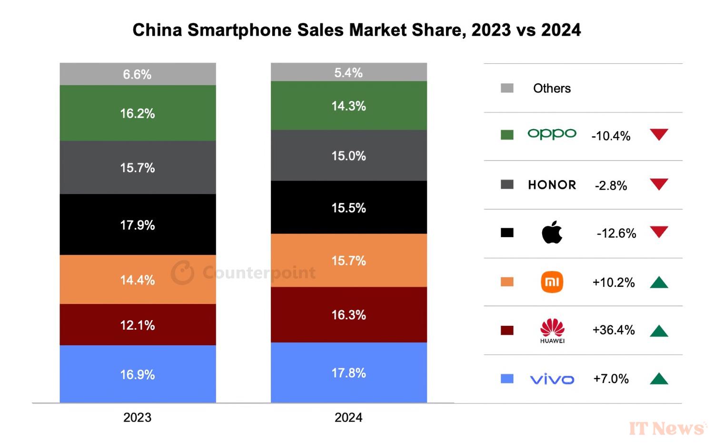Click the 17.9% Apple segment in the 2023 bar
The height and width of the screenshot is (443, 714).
(138, 224)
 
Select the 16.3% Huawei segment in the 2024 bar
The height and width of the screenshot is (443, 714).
(348, 314)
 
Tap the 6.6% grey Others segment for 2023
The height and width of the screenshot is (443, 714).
(138, 74)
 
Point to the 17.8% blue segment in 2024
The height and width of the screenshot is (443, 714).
(348, 373)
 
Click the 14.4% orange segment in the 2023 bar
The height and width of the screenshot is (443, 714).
(138, 280)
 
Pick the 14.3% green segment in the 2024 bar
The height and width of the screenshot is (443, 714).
(348, 106)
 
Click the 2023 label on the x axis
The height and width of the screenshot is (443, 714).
(137, 417)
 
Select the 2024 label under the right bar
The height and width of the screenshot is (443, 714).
(348, 417)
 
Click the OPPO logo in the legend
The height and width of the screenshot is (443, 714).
(552, 134)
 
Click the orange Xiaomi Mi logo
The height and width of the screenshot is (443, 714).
(552, 282)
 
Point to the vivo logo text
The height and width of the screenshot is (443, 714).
(552, 379)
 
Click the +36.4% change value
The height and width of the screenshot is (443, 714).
(614, 330)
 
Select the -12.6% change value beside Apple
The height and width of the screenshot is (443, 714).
(616, 233)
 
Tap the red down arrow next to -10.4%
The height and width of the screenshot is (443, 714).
(659, 134)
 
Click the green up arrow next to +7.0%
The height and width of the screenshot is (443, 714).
(659, 379)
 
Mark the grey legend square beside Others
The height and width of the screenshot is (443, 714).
(507, 88)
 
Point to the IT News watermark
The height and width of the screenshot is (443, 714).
(666, 428)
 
